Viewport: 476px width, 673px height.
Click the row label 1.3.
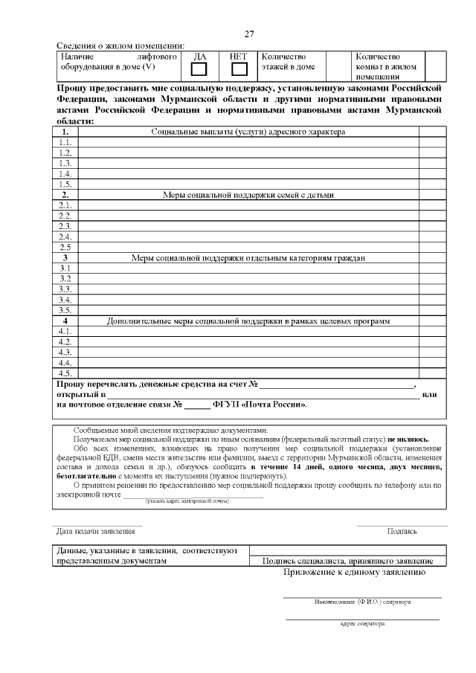point(65,163)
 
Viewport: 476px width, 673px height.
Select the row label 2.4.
point(65,236)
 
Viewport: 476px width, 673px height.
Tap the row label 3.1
point(65,268)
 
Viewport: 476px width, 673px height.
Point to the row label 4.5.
point(65,373)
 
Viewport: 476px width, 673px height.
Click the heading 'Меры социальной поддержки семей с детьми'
point(248,195)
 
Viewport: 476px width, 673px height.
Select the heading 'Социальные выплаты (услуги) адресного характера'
point(248,132)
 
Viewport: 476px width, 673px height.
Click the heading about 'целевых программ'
point(248,321)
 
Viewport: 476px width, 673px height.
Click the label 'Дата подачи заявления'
point(96,532)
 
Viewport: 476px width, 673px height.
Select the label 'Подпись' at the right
point(402,532)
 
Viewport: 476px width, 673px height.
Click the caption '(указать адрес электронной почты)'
point(187,501)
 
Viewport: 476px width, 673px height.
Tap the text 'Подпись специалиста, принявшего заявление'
point(348,561)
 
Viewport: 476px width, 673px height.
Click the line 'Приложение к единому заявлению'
point(355,573)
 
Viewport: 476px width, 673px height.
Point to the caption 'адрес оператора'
point(362,624)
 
